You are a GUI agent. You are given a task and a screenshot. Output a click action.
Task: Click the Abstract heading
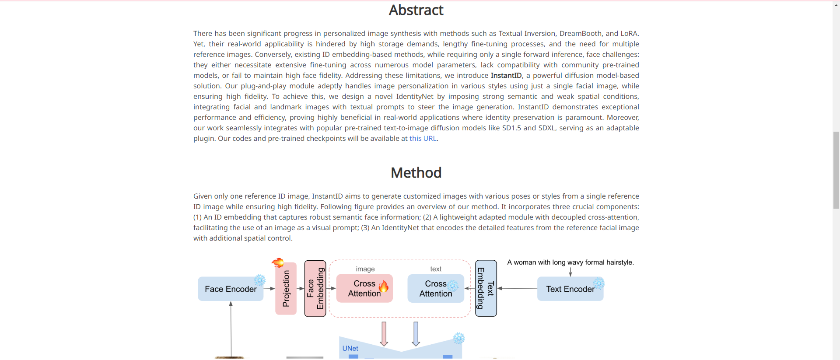coord(416,10)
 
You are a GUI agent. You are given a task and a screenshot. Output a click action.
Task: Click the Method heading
coord(416,173)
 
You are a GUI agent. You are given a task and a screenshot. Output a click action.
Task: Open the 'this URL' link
coord(423,139)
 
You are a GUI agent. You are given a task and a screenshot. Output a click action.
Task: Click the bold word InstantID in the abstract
coord(506,76)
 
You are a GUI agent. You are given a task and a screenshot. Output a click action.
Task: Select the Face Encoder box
coord(231,289)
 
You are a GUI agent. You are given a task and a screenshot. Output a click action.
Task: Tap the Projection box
coord(286,289)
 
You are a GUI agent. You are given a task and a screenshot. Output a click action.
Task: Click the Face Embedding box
coord(315,289)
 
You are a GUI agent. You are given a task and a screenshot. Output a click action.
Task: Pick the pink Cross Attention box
coord(364,289)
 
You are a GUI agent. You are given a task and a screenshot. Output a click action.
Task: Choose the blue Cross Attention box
coord(435,289)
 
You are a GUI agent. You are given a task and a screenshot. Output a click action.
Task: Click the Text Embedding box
coord(486,289)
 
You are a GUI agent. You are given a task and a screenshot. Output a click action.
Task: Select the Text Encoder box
coord(570,289)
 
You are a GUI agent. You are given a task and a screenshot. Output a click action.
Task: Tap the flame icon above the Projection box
coord(278,262)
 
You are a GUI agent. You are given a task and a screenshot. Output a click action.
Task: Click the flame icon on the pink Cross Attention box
coord(384,286)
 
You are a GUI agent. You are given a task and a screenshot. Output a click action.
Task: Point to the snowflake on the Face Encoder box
coord(260,280)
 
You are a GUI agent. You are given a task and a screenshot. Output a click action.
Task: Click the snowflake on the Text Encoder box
coord(598,283)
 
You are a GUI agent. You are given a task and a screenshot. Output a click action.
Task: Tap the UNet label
coord(350,349)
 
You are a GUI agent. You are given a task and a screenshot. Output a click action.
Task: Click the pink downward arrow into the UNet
coord(384,334)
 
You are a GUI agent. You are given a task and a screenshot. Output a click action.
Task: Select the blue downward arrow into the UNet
coord(416,334)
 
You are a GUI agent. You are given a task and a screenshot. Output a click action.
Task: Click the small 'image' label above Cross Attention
coord(365,269)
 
